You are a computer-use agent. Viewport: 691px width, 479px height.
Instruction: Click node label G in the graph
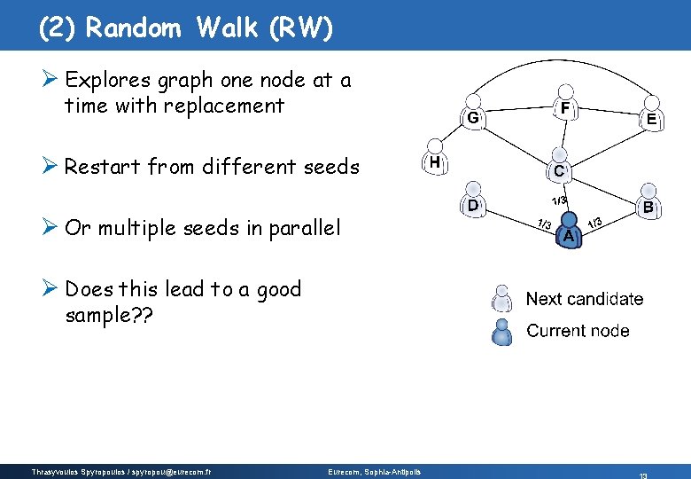tap(473, 117)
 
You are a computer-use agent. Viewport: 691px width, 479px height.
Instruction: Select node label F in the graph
tap(564, 107)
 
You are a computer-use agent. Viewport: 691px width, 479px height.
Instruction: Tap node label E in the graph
tap(651, 118)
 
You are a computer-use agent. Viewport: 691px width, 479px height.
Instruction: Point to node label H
tap(434, 162)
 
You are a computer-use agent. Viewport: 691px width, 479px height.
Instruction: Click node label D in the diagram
tap(474, 205)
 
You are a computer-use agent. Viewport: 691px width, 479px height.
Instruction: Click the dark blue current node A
tap(570, 232)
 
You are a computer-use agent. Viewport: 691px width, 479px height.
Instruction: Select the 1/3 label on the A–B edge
tap(596, 222)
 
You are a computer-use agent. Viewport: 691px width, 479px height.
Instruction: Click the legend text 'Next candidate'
tap(585, 299)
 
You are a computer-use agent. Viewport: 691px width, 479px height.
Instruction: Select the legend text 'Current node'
tap(578, 331)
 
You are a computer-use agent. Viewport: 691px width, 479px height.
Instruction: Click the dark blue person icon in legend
tap(502, 332)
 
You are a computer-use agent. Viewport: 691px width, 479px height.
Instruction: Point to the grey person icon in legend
tap(502, 298)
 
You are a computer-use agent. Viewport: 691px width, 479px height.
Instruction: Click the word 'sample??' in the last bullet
tap(108, 315)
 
